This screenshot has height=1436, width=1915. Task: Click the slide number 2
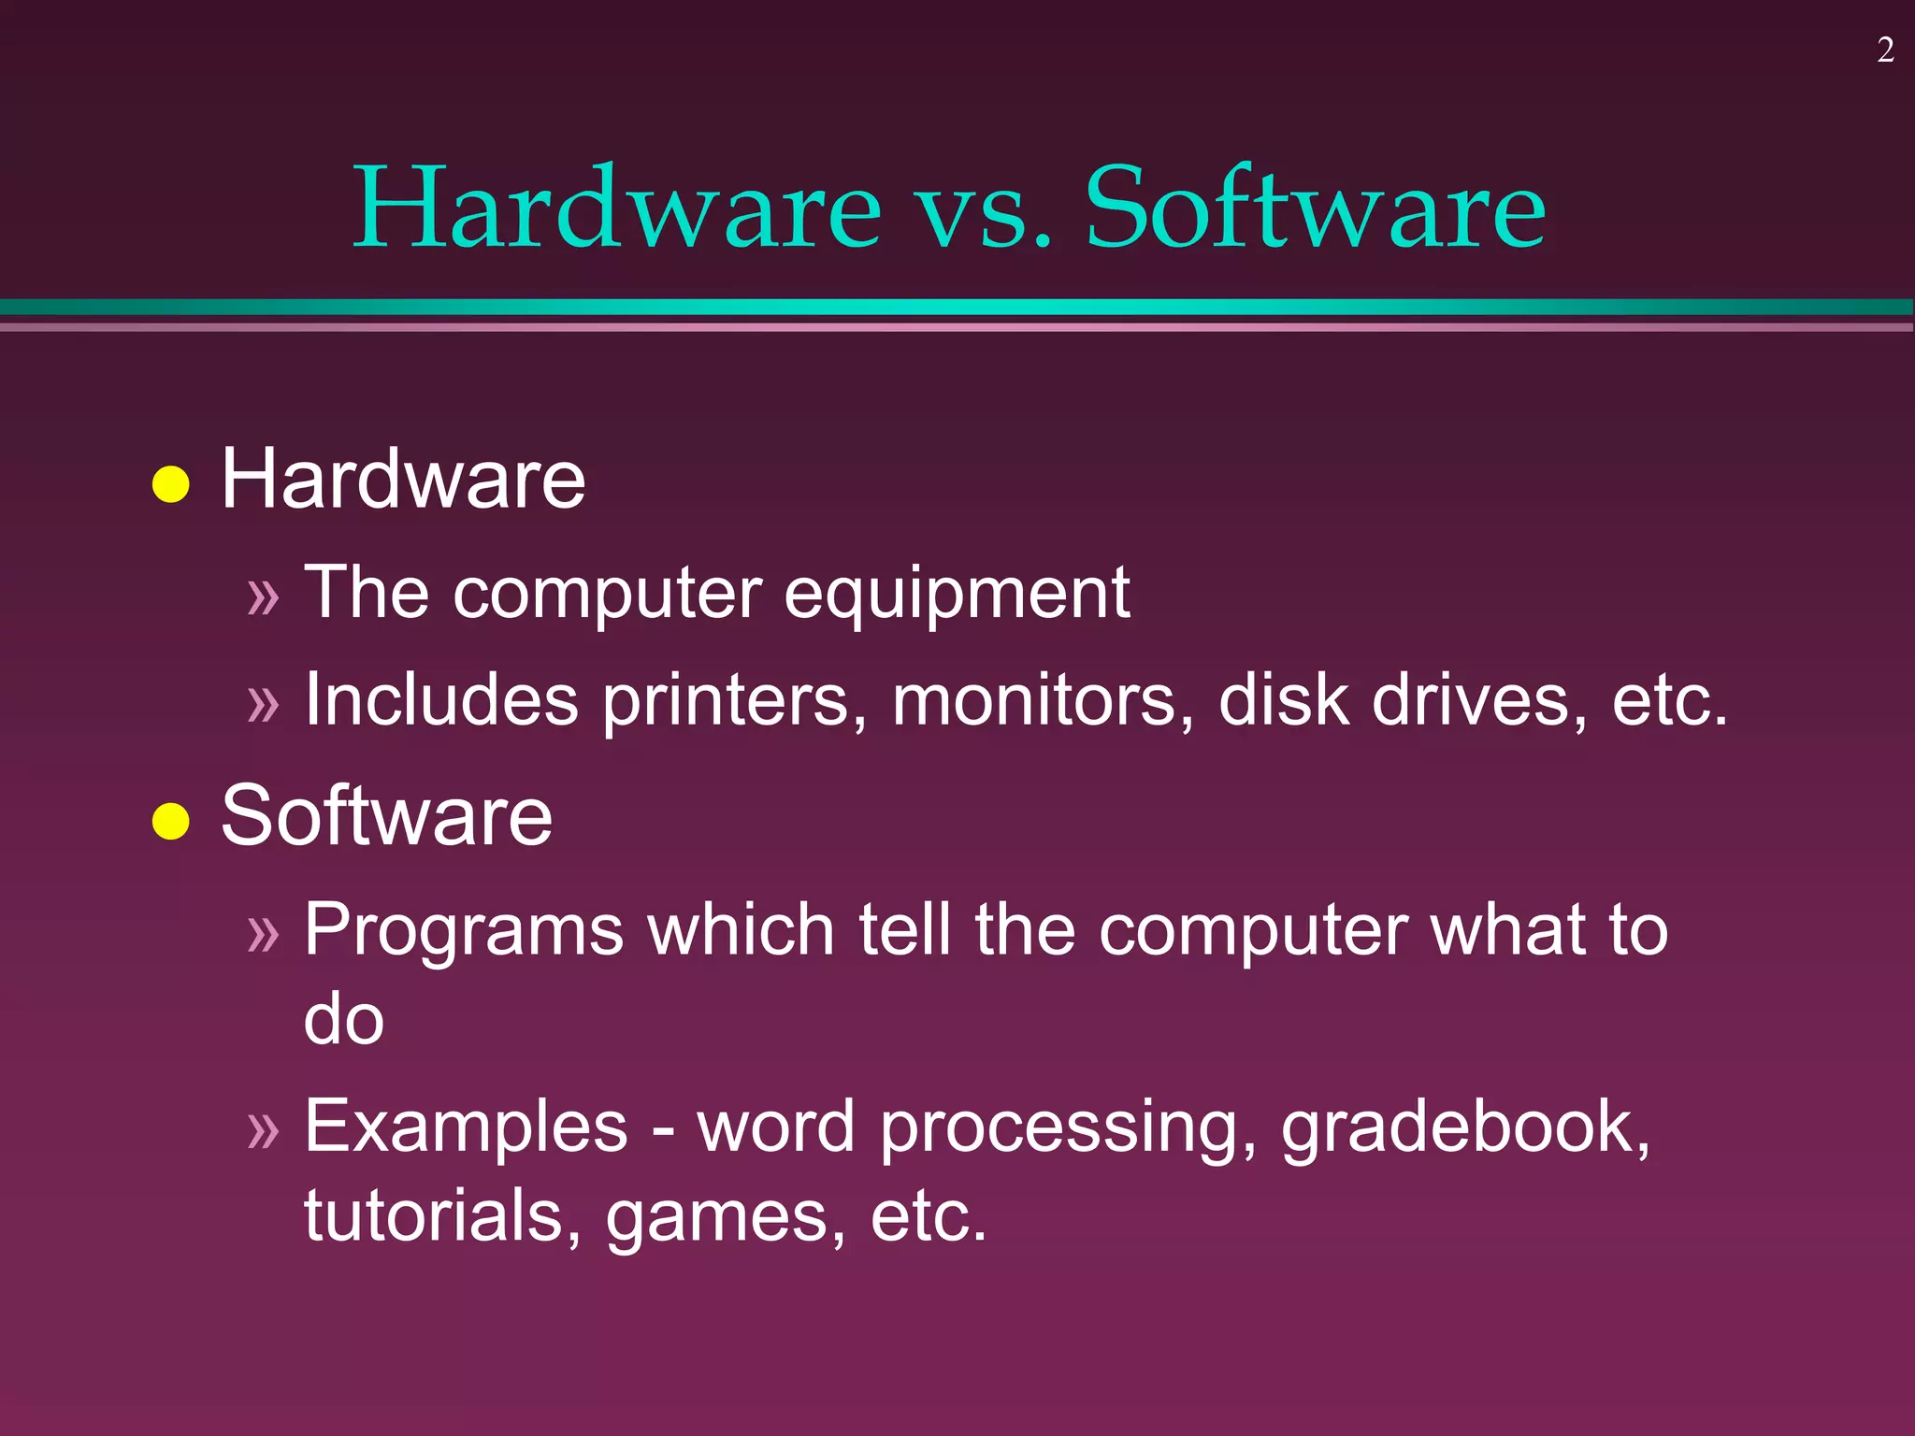[x=1885, y=50]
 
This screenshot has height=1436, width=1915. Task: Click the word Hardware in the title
[x=617, y=207]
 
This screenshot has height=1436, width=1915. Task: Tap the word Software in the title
[x=1315, y=207]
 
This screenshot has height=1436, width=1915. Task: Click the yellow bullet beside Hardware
[x=171, y=484]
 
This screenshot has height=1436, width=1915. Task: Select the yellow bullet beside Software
[x=171, y=821]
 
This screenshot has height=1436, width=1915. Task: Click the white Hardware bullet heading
[x=403, y=479]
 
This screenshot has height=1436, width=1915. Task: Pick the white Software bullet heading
[x=387, y=815]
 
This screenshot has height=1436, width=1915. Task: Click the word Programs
[x=464, y=931]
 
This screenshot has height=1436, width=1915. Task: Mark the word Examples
[x=466, y=1127]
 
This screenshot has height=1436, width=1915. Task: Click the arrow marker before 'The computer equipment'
[x=264, y=596]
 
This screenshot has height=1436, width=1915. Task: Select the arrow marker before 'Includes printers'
[x=264, y=703]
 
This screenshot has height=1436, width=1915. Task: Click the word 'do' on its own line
[x=344, y=1019]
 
